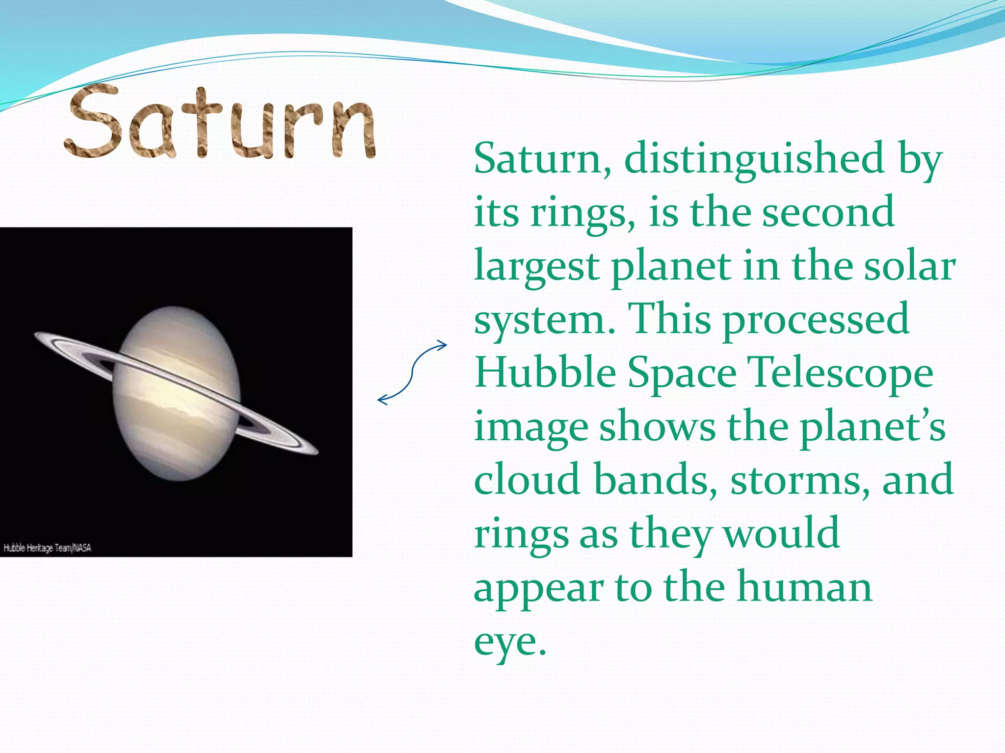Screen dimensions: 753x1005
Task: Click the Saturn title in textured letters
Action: pos(221,123)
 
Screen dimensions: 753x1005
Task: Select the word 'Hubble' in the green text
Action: pos(545,373)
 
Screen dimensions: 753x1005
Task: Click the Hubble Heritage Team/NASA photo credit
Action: pos(48,548)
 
